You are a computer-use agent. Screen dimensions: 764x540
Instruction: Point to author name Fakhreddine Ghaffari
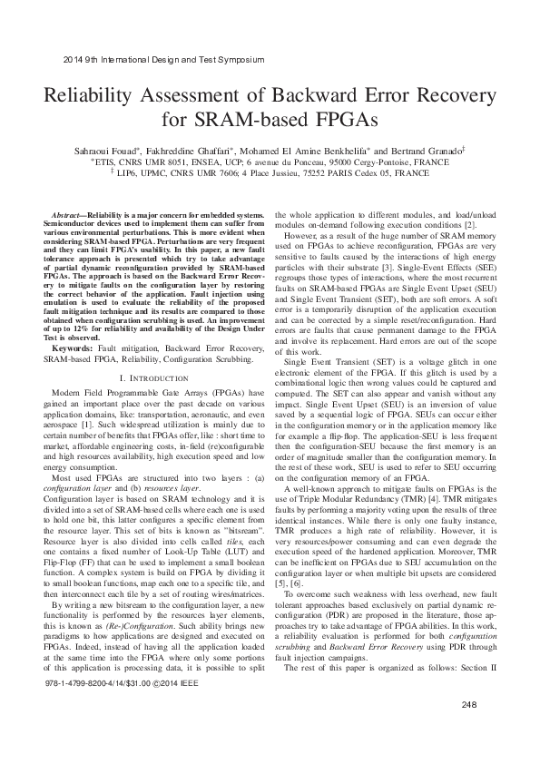(191, 148)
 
